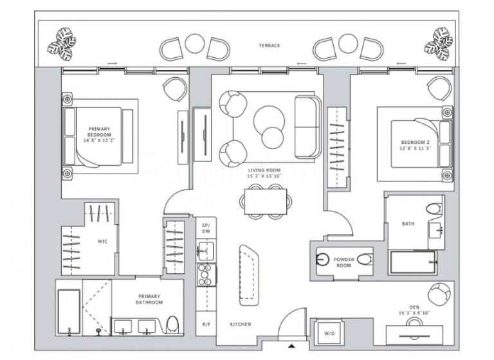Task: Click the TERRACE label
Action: [x=269, y=46]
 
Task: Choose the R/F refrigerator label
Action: [x=206, y=325]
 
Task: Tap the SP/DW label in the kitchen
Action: [x=206, y=228]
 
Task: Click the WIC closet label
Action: [x=102, y=242]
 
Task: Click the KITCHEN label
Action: [x=241, y=325]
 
